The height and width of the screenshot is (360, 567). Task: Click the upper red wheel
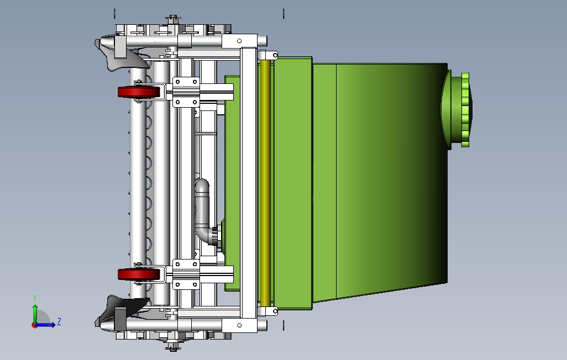click(139, 92)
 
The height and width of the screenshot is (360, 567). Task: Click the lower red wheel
click(139, 274)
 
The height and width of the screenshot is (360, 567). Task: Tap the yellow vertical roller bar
click(265, 183)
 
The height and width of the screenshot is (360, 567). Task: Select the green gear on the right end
click(466, 109)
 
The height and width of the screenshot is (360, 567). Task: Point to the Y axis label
click(35, 298)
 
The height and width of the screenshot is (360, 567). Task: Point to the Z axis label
click(59, 322)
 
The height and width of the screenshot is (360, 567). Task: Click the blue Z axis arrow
click(45, 325)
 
